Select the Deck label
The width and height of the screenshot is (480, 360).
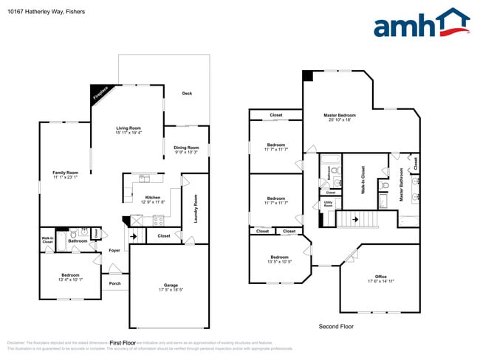coord(188,93)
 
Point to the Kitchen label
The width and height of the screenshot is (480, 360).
coord(153,197)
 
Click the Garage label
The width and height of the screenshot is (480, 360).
coord(171,285)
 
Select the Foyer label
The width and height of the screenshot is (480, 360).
coord(114,251)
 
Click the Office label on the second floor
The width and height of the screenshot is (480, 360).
coord(381,277)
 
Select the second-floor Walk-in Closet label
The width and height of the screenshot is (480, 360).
coord(363,179)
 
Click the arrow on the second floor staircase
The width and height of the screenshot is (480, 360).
coord(355,219)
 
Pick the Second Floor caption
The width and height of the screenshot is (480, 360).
coord(336,326)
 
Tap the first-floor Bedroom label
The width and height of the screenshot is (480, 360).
coord(71,275)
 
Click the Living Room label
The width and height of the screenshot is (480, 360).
coord(128,128)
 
